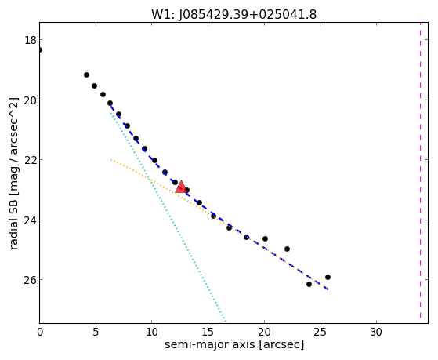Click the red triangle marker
click(x=181, y=187)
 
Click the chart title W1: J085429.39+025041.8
click(x=233, y=15)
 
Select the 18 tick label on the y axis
click(x=31, y=40)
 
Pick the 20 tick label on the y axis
click(x=31, y=100)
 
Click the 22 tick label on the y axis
click(x=31, y=160)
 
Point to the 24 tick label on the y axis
click(x=31, y=220)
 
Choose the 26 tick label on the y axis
click(x=31, y=280)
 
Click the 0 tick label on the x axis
click(x=40, y=333)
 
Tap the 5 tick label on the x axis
click(x=96, y=333)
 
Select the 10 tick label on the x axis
click(x=152, y=333)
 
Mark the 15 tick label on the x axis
click(x=208, y=333)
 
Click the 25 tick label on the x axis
click(x=320, y=333)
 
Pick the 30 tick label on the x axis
click(x=376, y=333)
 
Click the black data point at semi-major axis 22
click(x=287, y=249)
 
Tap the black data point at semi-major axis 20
click(x=265, y=239)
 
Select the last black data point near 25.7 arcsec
click(x=328, y=277)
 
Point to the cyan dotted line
click(x=168, y=216)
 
